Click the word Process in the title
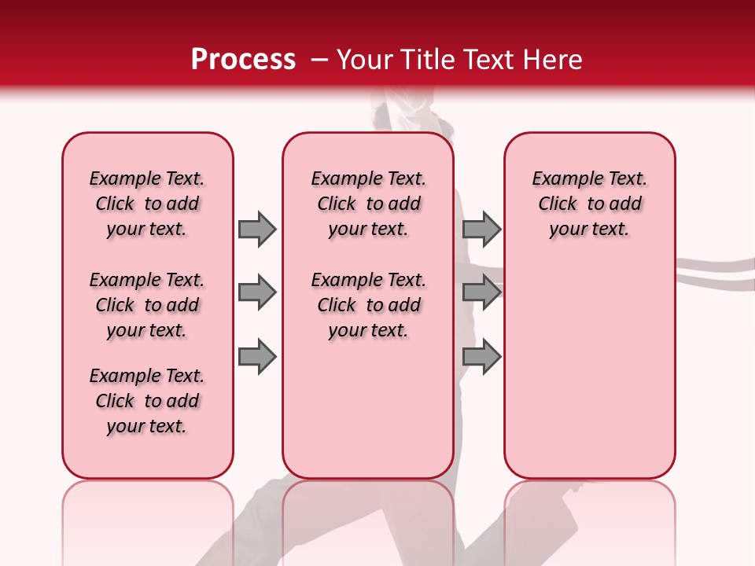click(x=243, y=60)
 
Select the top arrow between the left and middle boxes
click(x=257, y=229)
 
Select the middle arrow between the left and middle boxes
click(x=257, y=292)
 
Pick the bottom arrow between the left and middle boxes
click(x=257, y=356)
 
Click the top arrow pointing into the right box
click(x=481, y=229)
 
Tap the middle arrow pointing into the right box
click(x=481, y=292)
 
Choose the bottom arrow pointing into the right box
click(x=481, y=356)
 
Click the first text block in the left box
click(x=147, y=204)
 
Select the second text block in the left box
click(x=147, y=305)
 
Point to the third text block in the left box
click(x=147, y=401)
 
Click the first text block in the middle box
click(x=368, y=204)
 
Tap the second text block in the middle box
click(x=368, y=305)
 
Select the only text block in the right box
click(x=589, y=204)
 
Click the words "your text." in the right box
click(x=589, y=230)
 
